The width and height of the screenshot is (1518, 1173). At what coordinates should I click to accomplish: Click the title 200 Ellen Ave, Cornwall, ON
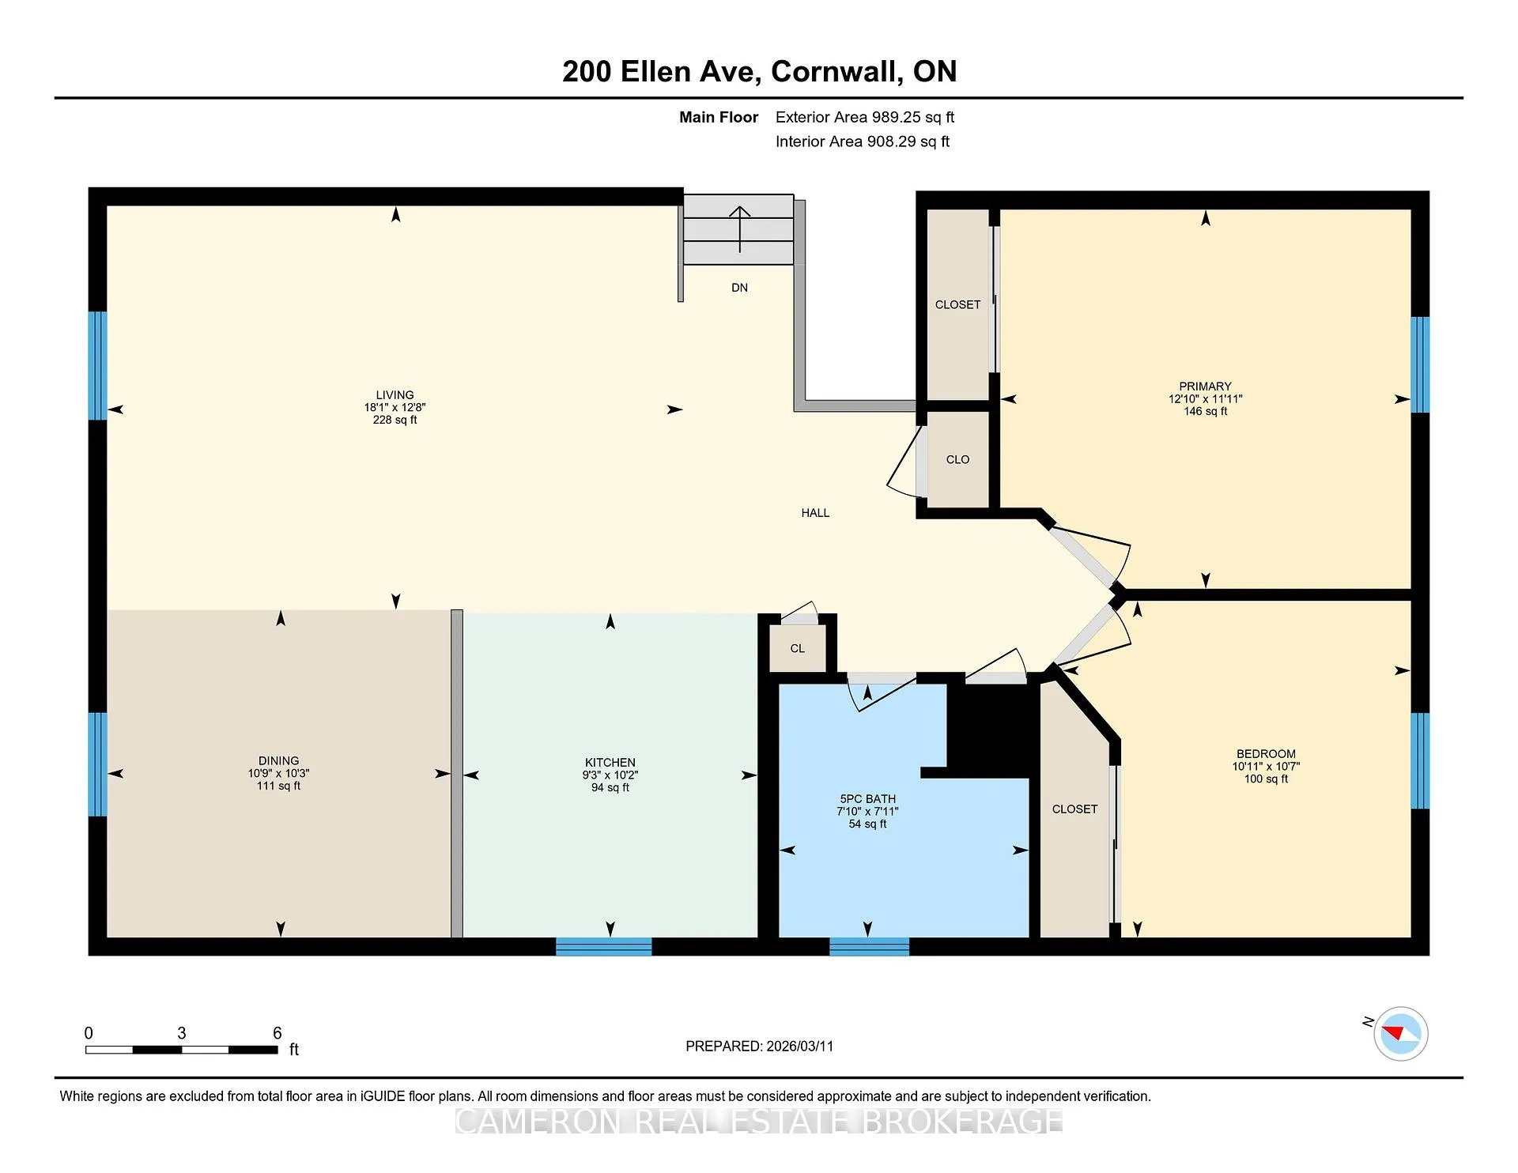(x=759, y=71)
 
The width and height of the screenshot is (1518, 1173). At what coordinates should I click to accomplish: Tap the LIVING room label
(x=395, y=395)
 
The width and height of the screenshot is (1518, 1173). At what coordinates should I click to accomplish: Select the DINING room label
(x=278, y=761)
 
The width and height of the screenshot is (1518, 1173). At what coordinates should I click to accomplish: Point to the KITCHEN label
(x=610, y=763)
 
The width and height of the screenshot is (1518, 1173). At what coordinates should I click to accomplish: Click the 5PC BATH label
(x=868, y=799)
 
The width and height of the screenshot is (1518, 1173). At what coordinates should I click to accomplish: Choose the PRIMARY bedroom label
(x=1206, y=387)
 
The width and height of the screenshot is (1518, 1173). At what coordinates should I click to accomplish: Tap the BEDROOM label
(x=1266, y=754)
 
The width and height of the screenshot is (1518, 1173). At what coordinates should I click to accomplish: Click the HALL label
(x=815, y=513)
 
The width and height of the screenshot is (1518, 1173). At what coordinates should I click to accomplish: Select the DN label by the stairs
(x=739, y=288)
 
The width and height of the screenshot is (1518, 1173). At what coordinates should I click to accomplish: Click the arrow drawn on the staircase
(x=739, y=229)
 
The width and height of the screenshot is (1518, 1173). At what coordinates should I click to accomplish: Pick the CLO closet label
(x=957, y=459)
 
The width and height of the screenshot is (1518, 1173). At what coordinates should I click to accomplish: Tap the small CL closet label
(x=797, y=648)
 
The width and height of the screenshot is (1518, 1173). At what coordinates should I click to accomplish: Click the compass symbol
(x=1400, y=1033)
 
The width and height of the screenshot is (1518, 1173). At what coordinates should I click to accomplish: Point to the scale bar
(x=182, y=1050)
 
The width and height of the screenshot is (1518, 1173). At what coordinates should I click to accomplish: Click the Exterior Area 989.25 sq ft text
(x=865, y=117)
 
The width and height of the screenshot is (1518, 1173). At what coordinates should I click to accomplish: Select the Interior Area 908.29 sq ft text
(x=863, y=141)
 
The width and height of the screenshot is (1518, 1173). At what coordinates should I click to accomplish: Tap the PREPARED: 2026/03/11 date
(x=759, y=1046)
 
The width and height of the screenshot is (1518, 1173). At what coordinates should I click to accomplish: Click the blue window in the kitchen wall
(x=604, y=946)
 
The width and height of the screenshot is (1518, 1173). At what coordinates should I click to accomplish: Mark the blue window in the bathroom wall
(x=869, y=946)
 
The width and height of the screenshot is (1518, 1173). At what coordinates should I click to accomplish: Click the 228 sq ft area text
(x=395, y=420)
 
